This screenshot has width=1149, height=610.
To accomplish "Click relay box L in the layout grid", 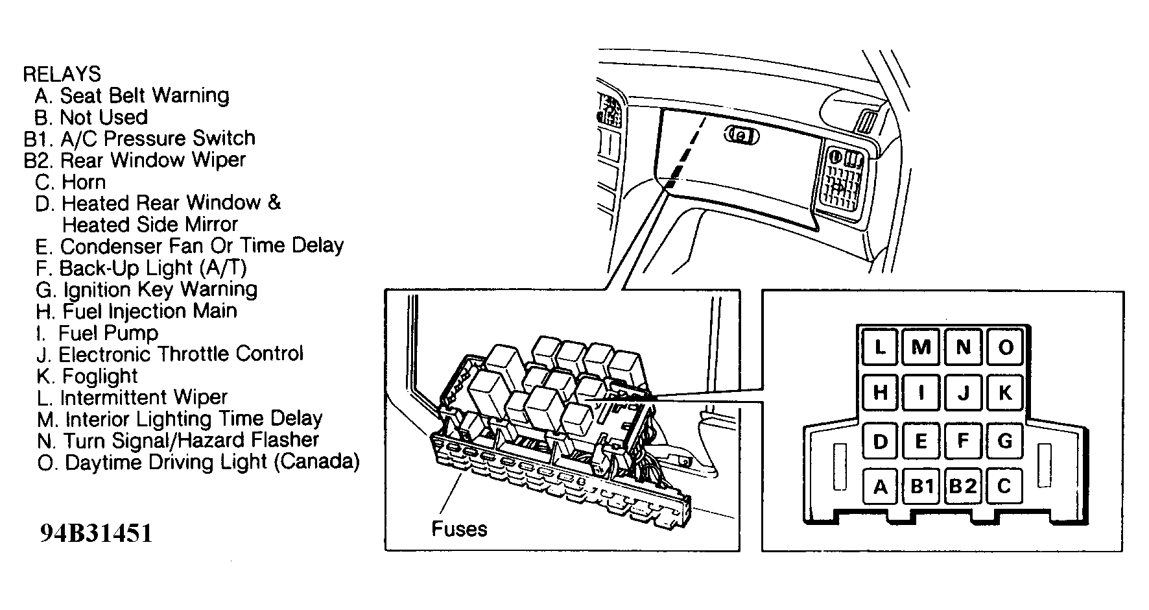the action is tap(880, 347).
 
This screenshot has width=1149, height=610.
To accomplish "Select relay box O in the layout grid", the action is tap(1004, 347).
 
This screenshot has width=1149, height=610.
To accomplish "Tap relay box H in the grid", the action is tap(880, 393).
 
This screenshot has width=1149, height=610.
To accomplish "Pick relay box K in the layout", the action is tap(1004, 393).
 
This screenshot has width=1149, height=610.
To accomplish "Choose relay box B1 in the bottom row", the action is tap(921, 486).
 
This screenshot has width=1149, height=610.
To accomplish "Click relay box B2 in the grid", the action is tap(963, 486).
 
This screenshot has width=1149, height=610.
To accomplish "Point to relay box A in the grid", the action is tap(880, 486).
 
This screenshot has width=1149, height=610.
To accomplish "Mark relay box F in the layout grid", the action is tap(963, 441).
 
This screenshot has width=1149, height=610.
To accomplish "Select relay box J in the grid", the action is tap(963, 393).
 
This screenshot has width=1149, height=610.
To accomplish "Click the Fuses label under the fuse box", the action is tap(459, 528).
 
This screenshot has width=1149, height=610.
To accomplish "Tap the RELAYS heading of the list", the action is tap(62, 74).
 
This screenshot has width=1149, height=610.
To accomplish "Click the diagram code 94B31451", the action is tap(96, 533).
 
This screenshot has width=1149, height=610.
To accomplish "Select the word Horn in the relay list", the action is tap(84, 182).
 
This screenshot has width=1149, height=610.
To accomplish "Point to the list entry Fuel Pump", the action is tap(108, 334).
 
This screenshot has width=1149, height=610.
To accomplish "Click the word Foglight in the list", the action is tap(100, 376).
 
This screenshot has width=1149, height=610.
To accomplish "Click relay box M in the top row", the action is tap(921, 347).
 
